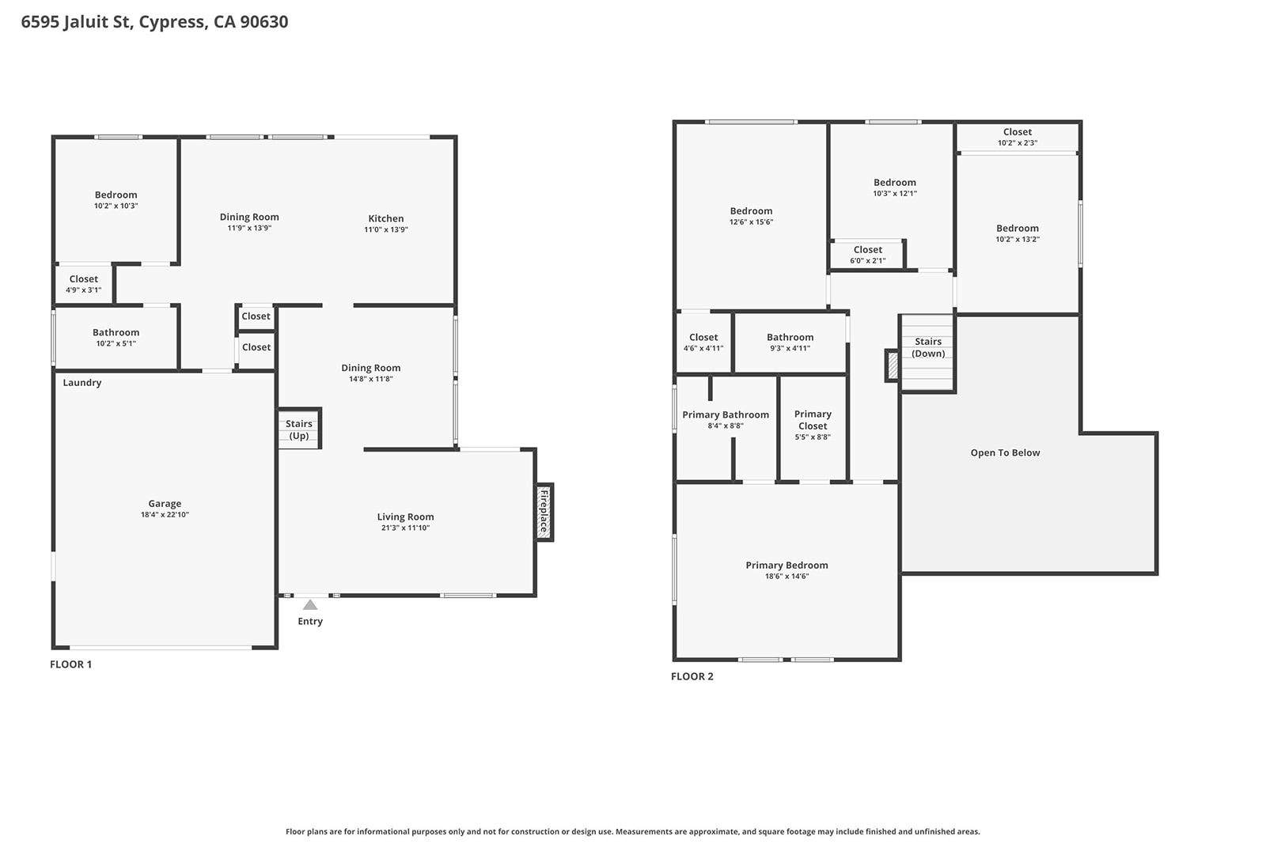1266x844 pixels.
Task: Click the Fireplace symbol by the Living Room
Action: coord(544,512)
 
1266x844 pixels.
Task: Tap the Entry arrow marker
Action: coord(310,604)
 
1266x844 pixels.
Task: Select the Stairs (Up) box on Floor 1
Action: coord(299,430)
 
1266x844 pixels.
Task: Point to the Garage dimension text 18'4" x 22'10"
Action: coord(165,515)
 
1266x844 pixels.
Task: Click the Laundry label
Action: coord(82,383)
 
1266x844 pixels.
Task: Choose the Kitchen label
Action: coord(386,219)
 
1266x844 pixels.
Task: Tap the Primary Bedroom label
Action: coord(787,566)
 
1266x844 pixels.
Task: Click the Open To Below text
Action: coord(1005,453)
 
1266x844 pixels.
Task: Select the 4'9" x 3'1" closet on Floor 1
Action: coord(84,284)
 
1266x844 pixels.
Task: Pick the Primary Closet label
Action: coord(813,420)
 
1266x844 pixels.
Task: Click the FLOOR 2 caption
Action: coord(692,676)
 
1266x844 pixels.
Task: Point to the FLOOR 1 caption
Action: coord(71,664)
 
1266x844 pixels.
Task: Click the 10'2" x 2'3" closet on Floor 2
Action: coord(1018,137)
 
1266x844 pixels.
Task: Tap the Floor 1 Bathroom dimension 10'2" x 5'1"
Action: coord(116,344)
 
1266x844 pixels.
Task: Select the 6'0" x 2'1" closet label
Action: coord(868,255)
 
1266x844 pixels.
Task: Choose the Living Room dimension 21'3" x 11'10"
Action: coord(405,528)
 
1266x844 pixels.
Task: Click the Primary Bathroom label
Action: coord(726,415)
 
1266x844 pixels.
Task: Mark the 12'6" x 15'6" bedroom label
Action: coord(751,216)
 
